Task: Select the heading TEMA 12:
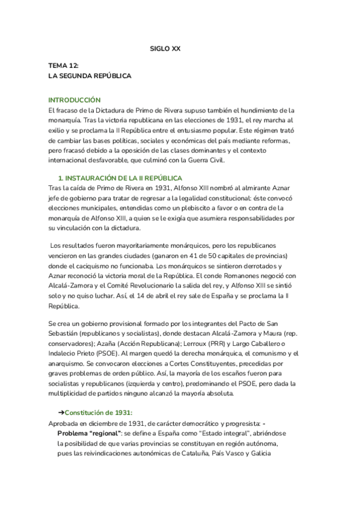(x=64, y=67)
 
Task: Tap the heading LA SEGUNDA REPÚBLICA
(x=90, y=76)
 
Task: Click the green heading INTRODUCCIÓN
(x=75, y=100)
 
